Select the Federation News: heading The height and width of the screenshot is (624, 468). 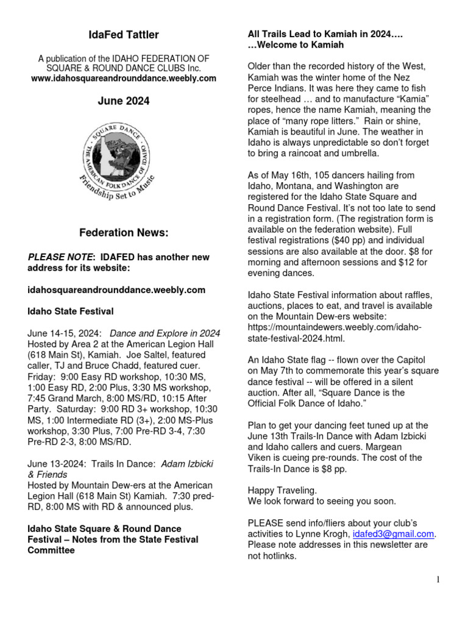pyautogui.click(x=124, y=233)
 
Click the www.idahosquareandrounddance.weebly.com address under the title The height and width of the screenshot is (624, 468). pyautogui.click(x=124, y=79)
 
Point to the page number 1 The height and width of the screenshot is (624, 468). pyautogui.click(x=438, y=580)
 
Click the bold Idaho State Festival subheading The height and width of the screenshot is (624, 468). pyautogui.click(x=71, y=311)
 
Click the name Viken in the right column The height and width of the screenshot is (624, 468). pyautogui.click(x=260, y=457)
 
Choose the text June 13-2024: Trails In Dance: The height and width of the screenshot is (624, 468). pyautogui.click(x=93, y=464)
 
